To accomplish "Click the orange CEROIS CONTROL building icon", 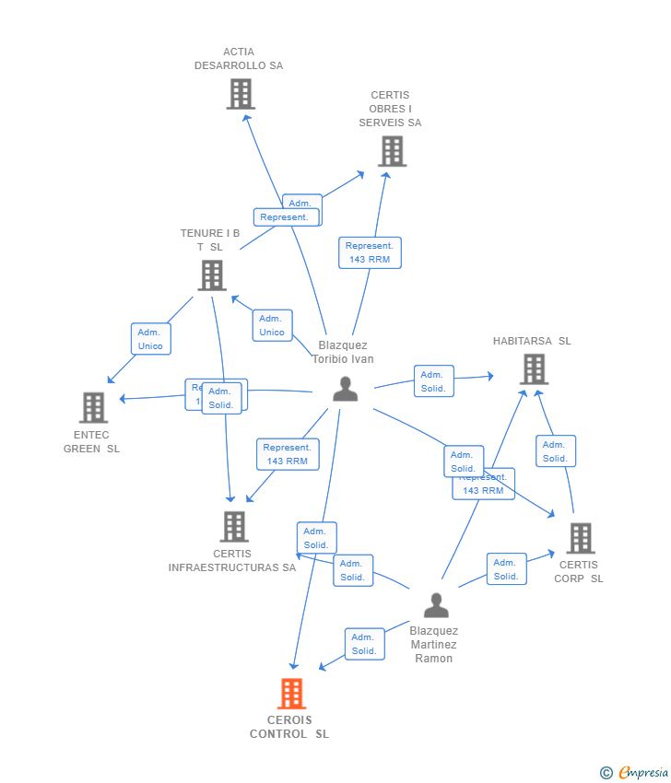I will (x=291, y=693).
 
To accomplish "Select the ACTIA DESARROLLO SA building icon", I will (x=241, y=94).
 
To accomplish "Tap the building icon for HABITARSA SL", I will (x=533, y=368).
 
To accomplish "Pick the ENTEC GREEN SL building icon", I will (x=93, y=407).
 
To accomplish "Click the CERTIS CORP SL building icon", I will (x=580, y=538).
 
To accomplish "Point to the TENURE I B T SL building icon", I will (x=212, y=275).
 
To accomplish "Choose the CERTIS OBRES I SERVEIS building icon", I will (x=392, y=151).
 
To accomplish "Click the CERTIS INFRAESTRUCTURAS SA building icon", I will (x=234, y=527).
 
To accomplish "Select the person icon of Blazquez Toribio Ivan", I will (x=345, y=390).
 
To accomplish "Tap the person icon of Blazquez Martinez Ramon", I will (x=436, y=605).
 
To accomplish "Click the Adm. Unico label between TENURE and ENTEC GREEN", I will (x=150, y=339).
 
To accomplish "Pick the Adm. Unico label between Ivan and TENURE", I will (x=272, y=325).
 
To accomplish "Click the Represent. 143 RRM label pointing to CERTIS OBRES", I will (x=370, y=252).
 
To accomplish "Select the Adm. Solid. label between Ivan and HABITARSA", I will (x=433, y=381).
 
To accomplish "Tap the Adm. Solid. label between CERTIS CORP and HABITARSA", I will (x=555, y=451).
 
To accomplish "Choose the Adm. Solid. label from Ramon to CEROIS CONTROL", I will (x=364, y=644).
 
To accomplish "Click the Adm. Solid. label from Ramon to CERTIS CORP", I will (x=506, y=569).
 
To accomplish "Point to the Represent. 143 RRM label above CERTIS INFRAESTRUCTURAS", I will (x=288, y=454).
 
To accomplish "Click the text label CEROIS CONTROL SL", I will (x=289, y=727).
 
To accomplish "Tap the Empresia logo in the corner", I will (x=635, y=773).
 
